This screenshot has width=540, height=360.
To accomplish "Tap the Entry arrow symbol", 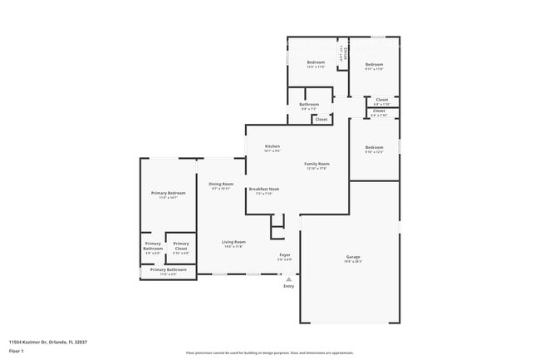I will point(288,279).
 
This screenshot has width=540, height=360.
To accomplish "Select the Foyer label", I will point(284,254).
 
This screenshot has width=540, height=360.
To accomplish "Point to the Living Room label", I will point(233,242).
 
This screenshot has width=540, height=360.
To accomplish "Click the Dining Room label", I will point(221,184).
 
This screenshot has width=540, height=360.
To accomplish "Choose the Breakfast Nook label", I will point(263,189).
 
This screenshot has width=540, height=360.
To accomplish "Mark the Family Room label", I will point(317,164).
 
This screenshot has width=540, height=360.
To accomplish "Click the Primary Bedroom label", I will point(168,193).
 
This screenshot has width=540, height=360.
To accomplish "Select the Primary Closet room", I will point(181,246).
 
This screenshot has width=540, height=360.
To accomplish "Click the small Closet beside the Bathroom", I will point(322,119).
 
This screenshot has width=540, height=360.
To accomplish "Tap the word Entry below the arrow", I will point(288,286).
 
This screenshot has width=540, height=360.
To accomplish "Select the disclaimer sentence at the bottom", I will point(269,353).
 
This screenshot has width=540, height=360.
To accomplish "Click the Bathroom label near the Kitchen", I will point(309,104).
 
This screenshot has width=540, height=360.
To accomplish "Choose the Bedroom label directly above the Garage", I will point(374,147).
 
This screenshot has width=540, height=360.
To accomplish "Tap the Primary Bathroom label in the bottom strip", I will point(168,269).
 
